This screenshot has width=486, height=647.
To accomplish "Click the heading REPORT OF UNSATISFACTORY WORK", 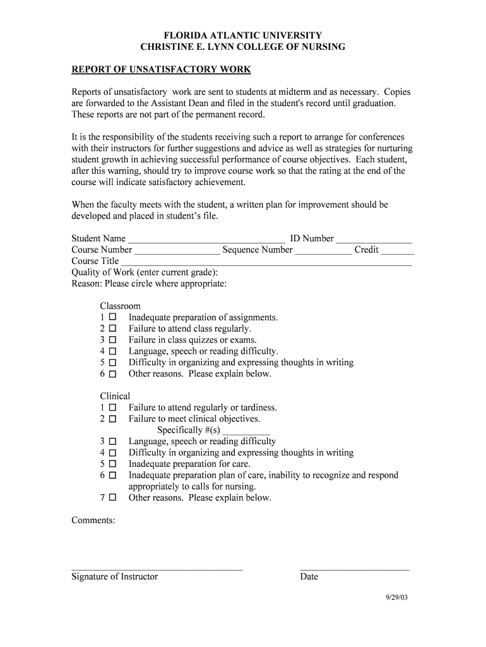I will [161, 70].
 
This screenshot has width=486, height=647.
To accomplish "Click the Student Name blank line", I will [206, 239].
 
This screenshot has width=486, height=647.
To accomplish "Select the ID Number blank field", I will [374, 239].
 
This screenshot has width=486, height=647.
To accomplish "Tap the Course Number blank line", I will [177, 251].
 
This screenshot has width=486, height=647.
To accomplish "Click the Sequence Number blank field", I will [323, 251].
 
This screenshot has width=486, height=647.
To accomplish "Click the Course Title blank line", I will [266, 262].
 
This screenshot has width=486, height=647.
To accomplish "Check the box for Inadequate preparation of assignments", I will [112, 317].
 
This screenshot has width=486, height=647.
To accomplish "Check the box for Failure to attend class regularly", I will [112, 329].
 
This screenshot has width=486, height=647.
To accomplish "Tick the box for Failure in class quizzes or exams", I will [112, 340].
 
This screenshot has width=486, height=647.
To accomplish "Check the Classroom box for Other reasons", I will [112, 374].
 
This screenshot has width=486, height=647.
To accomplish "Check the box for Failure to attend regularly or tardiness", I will [112, 408].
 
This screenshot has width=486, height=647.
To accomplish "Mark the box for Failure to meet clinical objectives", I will [112, 419].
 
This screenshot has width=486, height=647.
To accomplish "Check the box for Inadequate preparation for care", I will [112, 464].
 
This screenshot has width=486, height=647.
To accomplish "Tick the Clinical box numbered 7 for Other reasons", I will [112, 498].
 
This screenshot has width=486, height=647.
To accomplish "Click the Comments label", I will [93, 520].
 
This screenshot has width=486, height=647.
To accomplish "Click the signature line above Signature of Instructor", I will [157, 568].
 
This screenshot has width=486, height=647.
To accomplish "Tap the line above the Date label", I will [354, 568].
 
